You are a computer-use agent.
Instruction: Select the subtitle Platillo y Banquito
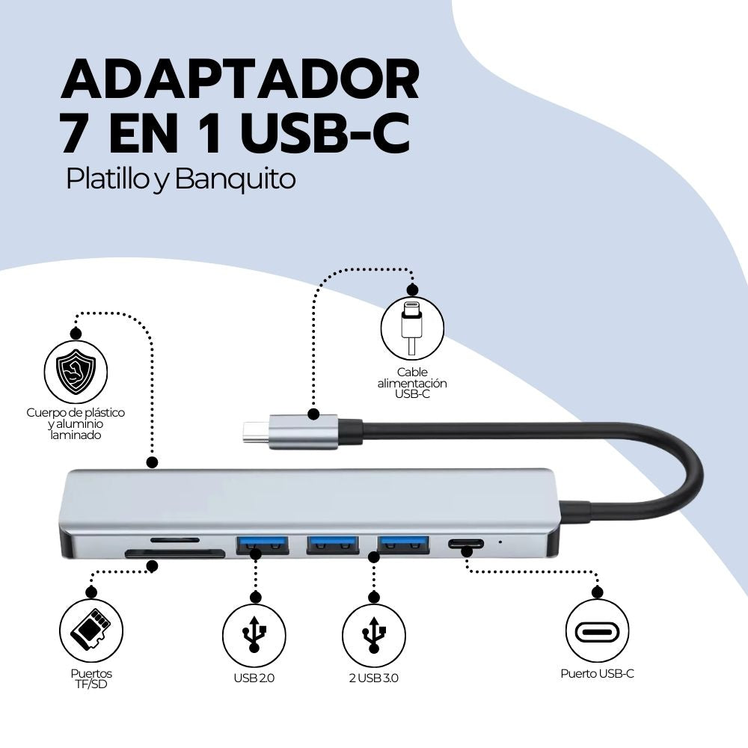point(181,180)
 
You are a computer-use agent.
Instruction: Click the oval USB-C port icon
point(597,631)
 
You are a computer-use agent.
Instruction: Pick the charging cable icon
point(412,327)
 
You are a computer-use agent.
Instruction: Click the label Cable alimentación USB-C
point(412,383)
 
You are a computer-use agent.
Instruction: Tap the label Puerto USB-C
point(597,674)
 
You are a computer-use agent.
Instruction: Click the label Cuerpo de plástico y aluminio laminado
point(75,423)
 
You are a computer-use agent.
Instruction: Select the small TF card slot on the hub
point(175,539)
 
